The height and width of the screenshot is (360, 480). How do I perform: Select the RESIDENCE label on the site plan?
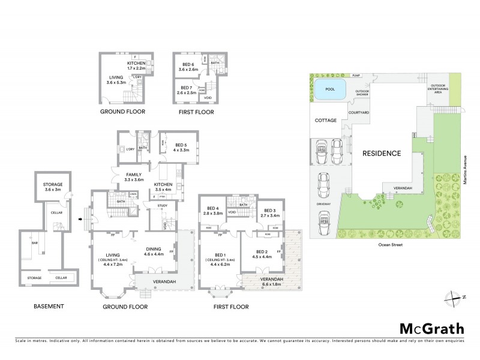[x=381, y=154]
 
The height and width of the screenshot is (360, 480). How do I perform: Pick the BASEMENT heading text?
[x=49, y=307]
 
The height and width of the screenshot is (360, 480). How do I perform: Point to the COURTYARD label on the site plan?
[x=358, y=112]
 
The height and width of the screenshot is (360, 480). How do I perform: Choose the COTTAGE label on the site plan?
[x=325, y=121]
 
